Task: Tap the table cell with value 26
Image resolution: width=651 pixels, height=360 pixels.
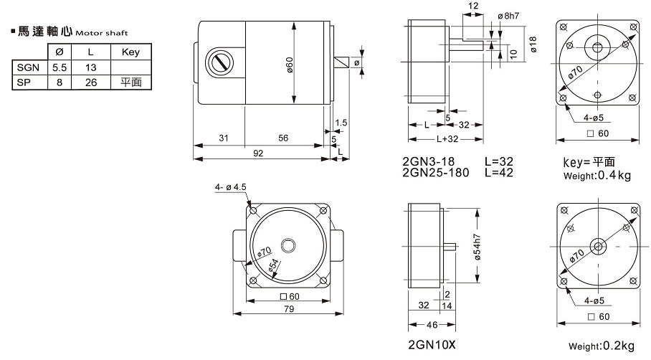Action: pyautogui.click(x=90, y=82)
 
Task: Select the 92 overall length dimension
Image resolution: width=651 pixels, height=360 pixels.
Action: pyautogui.click(x=257, y=153)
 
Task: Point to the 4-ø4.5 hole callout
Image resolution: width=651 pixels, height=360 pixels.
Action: pyautogui.click(x=230, y=188)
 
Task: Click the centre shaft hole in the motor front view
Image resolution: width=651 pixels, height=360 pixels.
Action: pyautogui.click(x=288, y=245)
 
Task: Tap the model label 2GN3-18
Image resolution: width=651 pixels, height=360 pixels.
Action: pyautogui.click(x=429, y=162)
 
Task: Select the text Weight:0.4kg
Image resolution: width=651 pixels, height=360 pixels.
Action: pyautogui.click(x=597, y=175)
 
